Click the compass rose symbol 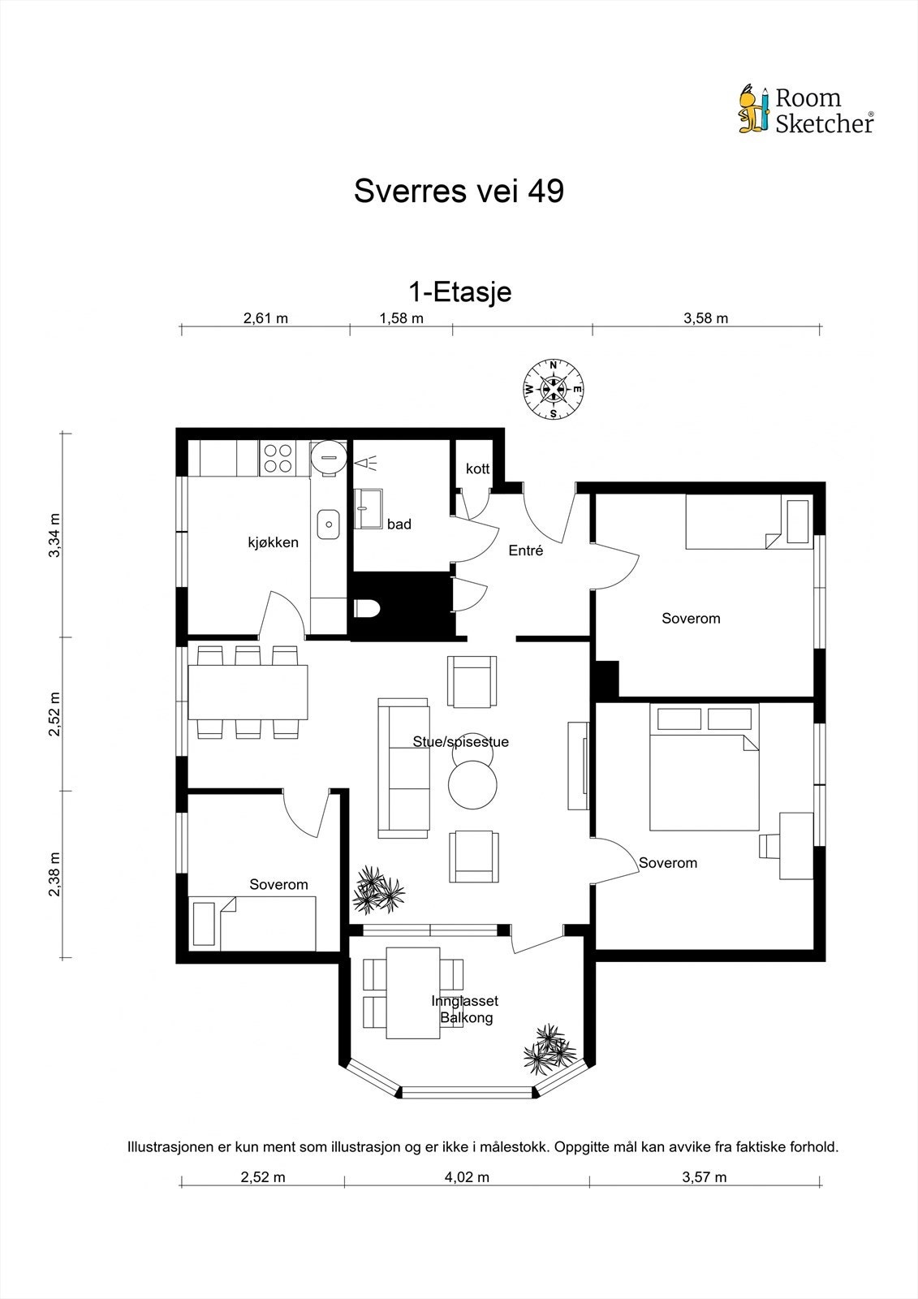[x=554, y=389]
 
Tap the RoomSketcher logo [x=806, y=110]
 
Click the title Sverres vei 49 [x=459, y=191]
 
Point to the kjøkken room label [x=274, y=542]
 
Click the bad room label [x=399, y=524]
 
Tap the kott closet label [x=478, y=468]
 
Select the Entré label [x=526, y=550]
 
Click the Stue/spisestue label [x=460, y=742]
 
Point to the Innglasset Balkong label [x=465, y=1009]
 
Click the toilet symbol [x=367, y=609]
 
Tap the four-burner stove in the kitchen [x=278, y=458]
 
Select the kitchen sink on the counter [x=328, y=524]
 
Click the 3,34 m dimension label [x=54, y=535]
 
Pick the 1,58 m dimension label [x=401, y=317]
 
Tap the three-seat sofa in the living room [x=404, y=768]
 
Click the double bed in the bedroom [x=704, y=767]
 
